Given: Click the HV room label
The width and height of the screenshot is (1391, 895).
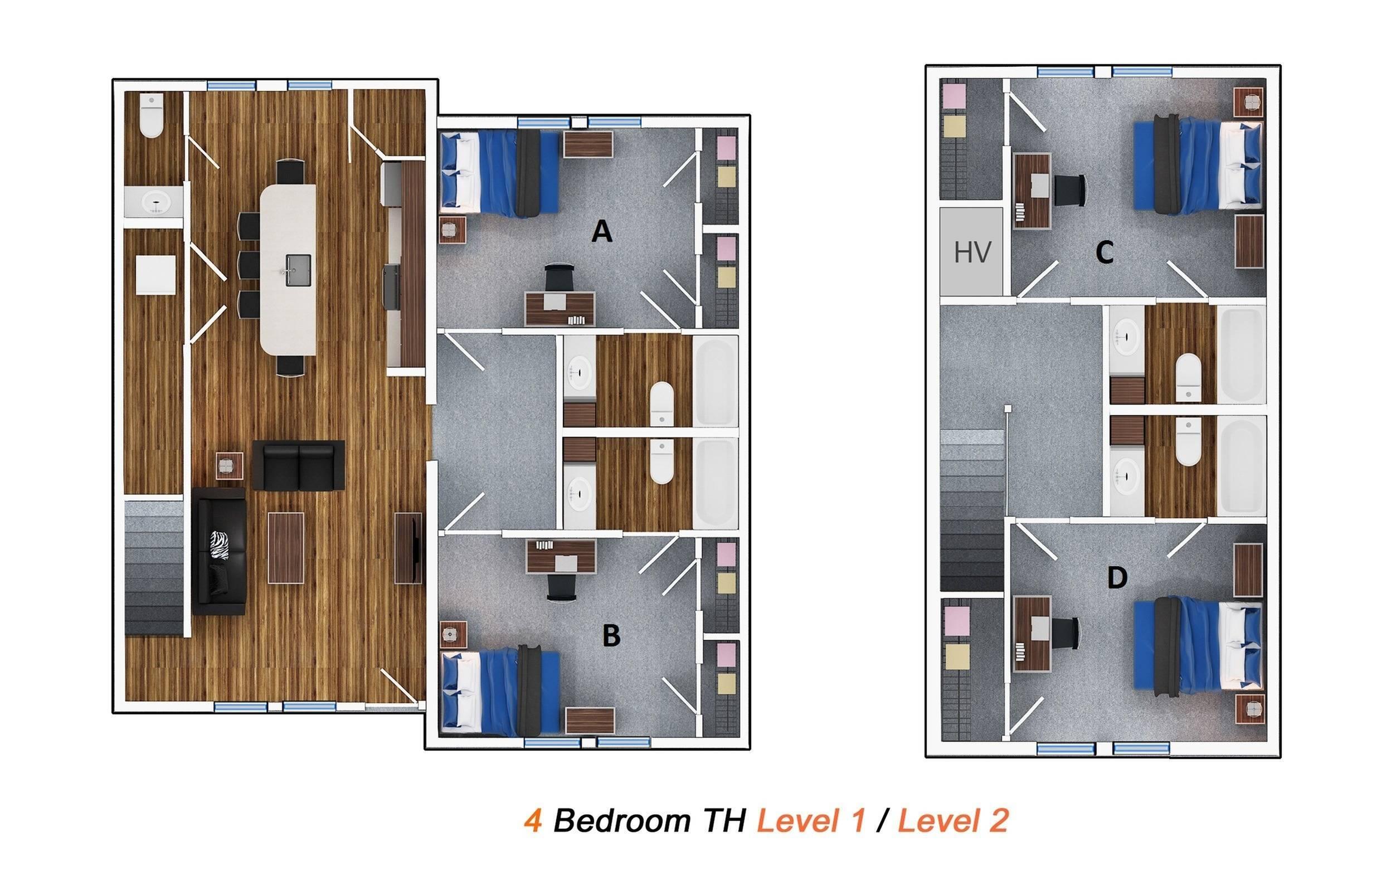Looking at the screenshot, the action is tap(972, 252).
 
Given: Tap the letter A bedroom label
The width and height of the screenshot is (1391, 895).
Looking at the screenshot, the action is tap(601, 232).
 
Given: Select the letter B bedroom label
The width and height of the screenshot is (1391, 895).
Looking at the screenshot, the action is tap(611, 636).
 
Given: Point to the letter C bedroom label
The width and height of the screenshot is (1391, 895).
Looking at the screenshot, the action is tap(1104, 253).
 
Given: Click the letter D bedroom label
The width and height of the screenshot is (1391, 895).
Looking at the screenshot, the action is tap(1117, 577).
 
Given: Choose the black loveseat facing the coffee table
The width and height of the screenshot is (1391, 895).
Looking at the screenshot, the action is tap(299, 465).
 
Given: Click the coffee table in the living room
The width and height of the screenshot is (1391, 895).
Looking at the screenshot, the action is tap(285, 547).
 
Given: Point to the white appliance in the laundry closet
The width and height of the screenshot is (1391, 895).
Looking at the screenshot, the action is tap(155, 275).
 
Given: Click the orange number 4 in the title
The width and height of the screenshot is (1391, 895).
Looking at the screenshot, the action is tap(533, 821).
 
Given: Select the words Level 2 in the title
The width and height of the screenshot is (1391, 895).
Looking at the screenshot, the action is tap(952, 821).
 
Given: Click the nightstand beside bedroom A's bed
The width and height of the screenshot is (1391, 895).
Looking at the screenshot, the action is tap(453, 230).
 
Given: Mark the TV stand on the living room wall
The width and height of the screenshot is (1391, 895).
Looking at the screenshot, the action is tap(408, 547).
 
